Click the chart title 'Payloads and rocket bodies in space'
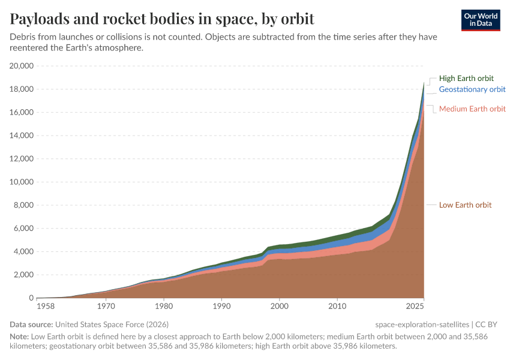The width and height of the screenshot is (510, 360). (162, 19)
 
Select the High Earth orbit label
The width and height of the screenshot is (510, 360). (466, 78)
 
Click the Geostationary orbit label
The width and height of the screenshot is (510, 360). (472, 89)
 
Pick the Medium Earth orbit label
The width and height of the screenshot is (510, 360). (472, 109)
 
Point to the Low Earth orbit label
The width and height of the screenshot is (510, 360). (465, 205)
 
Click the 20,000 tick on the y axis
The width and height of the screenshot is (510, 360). (22, 66)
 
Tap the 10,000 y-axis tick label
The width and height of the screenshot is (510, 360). (22, 182)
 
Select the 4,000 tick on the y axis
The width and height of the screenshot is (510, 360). (24, 252)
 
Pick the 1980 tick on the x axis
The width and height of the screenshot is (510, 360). (164, 307)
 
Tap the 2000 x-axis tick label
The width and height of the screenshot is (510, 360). (280, 307)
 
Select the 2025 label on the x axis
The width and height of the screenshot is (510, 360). (424, 307)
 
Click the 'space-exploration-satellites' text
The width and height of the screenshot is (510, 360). (423, 325)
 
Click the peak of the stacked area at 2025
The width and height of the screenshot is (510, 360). (424, 82)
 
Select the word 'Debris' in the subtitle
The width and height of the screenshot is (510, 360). (24, 37)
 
